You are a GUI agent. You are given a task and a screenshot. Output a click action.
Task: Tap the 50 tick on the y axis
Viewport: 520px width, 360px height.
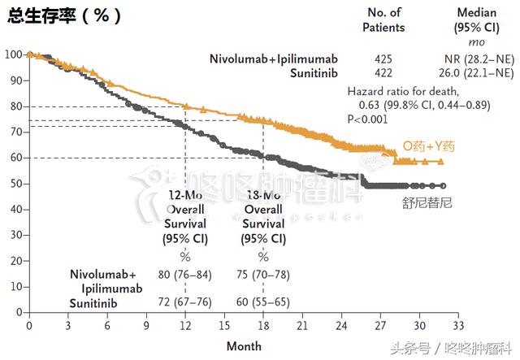pyautogui.click(x=15, y=184)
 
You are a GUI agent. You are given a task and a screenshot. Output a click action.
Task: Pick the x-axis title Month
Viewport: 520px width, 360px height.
pyautogui.click(x=244, y=346)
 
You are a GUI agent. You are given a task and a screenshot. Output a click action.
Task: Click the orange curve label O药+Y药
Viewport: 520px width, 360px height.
pyautogui.click(x=430, y=145)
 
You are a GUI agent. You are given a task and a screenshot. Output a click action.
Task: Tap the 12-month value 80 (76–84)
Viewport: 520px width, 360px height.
pyautogui.click(x=184, y=274)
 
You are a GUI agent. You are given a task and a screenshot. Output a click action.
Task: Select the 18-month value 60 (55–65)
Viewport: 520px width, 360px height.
pyautogui.click(x=263, y=301)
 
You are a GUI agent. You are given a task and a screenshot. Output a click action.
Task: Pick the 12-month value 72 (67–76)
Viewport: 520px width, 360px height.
pyautogui.click(x=184, y=301)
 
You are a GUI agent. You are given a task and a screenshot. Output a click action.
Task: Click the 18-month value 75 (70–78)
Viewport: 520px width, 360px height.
pyautogui.click(x=263, y=274)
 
